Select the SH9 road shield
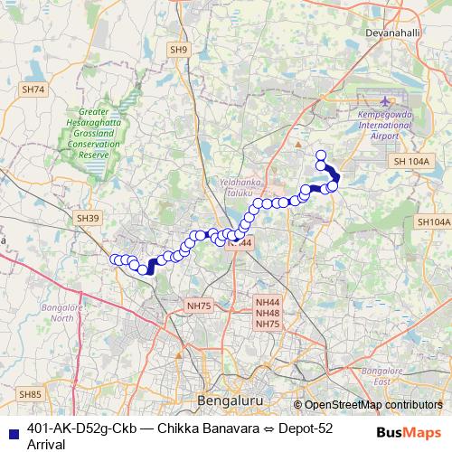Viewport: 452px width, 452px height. coord(178,49)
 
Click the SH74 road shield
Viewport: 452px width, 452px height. coord(33,89)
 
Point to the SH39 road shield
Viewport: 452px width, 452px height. coord(87,218)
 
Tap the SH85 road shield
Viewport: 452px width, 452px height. coord(31,394)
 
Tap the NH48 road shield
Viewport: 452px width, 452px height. coord(268,313)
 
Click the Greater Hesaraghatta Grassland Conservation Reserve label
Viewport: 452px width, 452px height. coord(88,135)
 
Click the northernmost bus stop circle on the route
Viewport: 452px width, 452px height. coord(320,155)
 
